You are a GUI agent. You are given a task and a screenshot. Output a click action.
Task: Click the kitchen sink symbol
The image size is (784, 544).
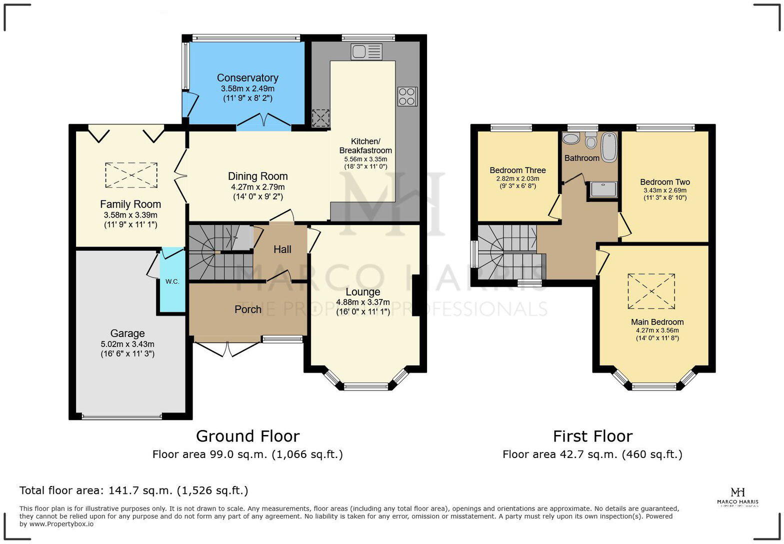366,51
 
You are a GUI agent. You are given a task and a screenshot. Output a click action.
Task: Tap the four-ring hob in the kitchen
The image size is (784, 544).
407,96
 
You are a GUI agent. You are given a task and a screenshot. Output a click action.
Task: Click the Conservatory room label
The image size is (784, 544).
247,78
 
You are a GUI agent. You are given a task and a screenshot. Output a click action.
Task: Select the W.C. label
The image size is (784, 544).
172,281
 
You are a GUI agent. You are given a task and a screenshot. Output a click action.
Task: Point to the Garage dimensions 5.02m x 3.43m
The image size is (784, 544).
127,344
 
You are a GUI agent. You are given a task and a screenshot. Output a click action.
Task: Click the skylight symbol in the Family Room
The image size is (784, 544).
131,175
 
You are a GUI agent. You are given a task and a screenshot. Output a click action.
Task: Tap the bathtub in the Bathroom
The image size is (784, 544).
608,147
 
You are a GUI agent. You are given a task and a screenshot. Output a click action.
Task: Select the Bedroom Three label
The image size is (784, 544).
517,170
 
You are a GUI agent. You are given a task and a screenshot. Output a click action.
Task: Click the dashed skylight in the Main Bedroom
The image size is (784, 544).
651,291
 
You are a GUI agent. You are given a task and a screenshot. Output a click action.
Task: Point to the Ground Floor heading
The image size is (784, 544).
247,436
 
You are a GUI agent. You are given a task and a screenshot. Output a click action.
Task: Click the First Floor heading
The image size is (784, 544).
592,436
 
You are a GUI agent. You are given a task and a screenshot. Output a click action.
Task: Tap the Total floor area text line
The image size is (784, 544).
133,490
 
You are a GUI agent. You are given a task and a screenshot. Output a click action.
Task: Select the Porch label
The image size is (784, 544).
248,309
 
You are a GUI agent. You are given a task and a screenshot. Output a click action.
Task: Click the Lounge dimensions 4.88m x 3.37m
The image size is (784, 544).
363,302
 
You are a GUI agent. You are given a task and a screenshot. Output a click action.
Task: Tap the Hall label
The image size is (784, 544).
282,249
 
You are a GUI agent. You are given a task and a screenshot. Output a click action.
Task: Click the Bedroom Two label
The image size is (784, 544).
664,182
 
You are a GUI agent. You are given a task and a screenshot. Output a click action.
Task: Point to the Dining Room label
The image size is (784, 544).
258,176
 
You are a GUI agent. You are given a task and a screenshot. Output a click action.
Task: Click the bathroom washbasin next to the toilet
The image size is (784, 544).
570,138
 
